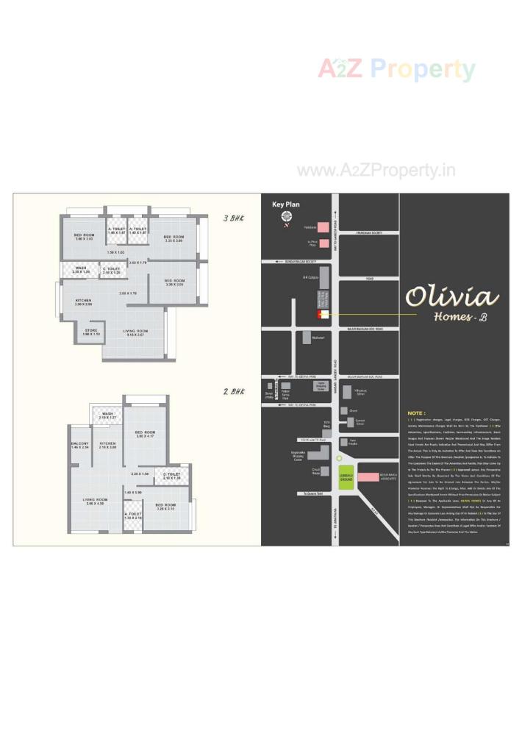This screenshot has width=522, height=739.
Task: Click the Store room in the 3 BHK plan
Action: [x=91, y=332]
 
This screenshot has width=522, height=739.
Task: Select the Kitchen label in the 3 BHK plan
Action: [x=83, y=301]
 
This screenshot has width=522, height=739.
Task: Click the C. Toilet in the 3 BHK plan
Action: [x=112, y=271]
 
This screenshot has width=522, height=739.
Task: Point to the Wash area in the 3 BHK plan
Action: [x=81, y=270]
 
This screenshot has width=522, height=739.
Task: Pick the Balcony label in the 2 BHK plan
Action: [x=80, y=445]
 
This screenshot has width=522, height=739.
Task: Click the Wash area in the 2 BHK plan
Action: [x=108, y=416]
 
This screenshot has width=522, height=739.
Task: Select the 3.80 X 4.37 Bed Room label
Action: [x=145, y=434]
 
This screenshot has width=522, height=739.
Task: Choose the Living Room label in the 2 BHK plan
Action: [x=96, y=501]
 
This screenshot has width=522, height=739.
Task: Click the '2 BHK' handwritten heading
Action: [x=233, y=392]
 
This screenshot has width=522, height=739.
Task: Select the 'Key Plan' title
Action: [x=286, y=205]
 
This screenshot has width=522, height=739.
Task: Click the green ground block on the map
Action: [x=346, y=476]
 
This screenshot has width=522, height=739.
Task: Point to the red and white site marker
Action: [x=320, y=315]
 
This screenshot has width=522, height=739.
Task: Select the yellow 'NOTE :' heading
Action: [x=416, y=413]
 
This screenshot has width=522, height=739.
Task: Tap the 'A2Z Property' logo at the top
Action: [x=396, y=70]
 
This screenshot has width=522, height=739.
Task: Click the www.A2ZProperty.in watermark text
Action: [x=376, y=171]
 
